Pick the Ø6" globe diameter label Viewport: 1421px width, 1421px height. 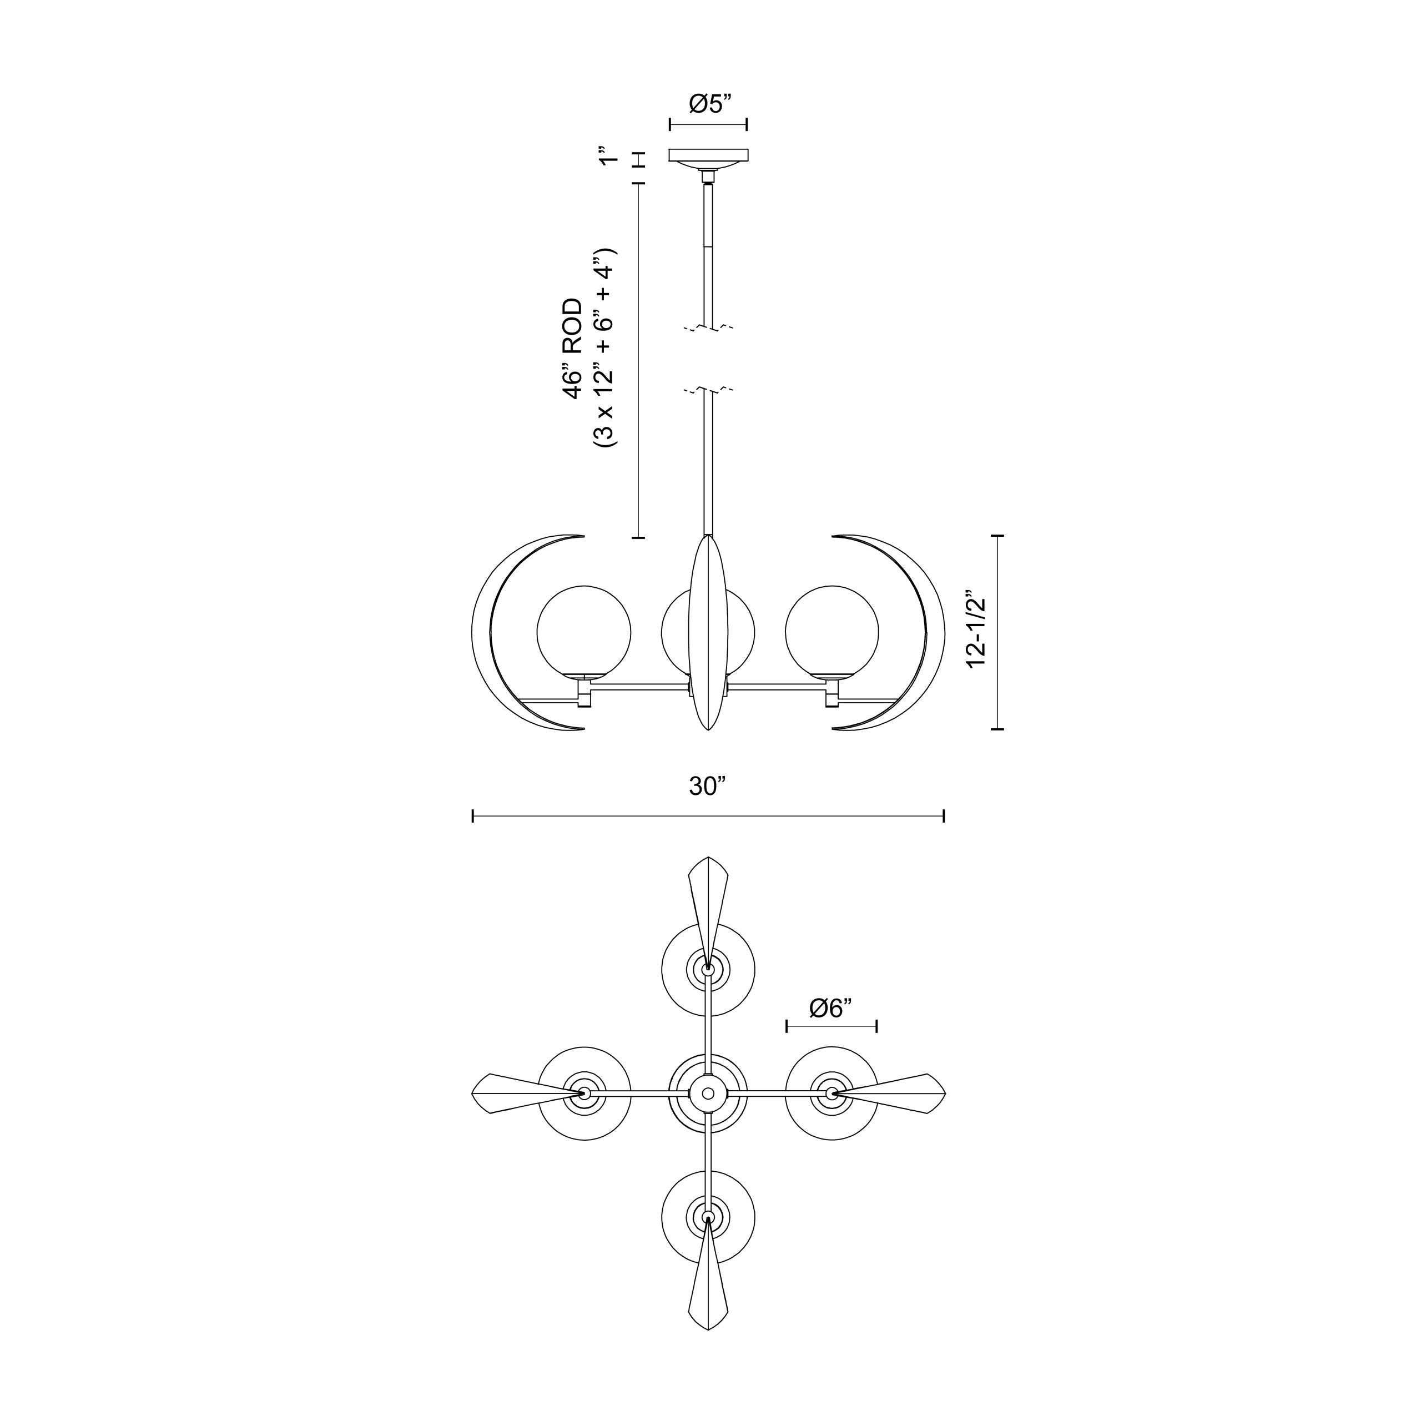click(830, 1007)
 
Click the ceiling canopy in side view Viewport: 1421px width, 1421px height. click(708, 155)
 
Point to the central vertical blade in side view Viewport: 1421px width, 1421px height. click(708, 633)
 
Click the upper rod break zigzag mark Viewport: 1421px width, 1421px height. click(708, 328)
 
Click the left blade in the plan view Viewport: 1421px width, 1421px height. click(515, 1094)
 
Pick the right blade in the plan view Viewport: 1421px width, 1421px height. click(901, 1093)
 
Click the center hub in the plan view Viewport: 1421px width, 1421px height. click(708, 1094)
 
